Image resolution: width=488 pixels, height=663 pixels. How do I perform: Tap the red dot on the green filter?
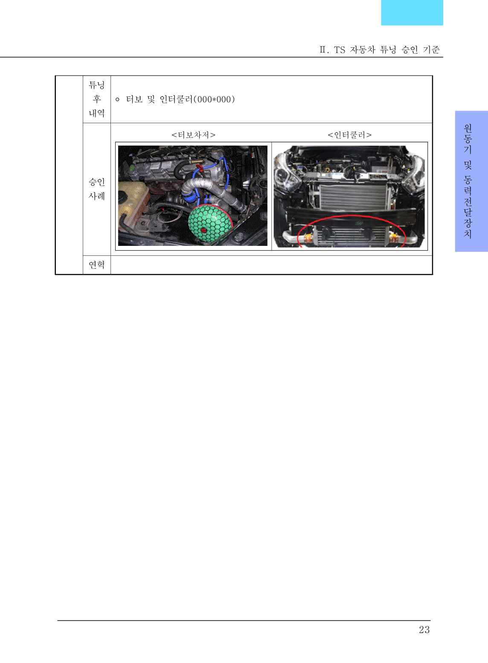pyautogui.click(x=203, y=230)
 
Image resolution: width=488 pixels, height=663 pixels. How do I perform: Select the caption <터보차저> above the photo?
pyautogui.click(x=193, y=135)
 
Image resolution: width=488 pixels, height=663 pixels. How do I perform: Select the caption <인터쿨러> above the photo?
pyautogui.click(x=350, y=135)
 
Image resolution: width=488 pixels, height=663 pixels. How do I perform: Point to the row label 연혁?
pyautogui.click(x=97, y=265)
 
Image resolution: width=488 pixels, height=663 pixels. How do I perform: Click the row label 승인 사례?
pyautogui.click(x=97, y=189)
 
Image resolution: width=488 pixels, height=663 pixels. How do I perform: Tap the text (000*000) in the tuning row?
pyautogui.click(x=214, y=99)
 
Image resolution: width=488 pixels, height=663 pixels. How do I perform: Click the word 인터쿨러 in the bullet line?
pyautogui.click(x=176, y=99)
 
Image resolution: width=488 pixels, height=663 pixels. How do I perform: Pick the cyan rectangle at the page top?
pyautogui.click(x=412, y=12)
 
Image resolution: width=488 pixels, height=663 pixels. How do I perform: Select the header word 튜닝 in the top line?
pyautogui.click(x=388, y=50)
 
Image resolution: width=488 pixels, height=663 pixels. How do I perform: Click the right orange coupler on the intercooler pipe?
pyautogui.click(x=393, y=237)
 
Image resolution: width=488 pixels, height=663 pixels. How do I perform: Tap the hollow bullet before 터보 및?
pyautogui.click(x=117, y=100)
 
